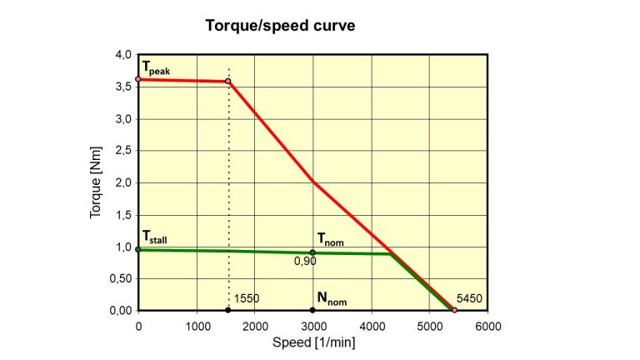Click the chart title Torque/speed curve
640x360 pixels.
pos(280,26)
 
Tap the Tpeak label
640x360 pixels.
pos(156,67)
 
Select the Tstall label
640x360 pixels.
pos(155,237)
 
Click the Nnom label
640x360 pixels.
pos(331,297)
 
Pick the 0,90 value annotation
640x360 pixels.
pos(305,262)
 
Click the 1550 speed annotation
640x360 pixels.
pos(247,297)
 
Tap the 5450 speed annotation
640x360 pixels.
pos(470,297)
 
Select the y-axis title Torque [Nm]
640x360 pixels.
pos(96,182)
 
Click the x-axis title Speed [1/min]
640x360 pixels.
pos(312,342)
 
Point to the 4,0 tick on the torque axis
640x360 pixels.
pos(123,55)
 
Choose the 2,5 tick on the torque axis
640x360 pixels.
pos(123,151)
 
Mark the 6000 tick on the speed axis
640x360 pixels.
pos(487,326)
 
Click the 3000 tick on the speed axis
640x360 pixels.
pos(312,326)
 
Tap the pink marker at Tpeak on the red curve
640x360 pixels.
pos(138,79)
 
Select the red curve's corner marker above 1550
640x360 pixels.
pos(228,82)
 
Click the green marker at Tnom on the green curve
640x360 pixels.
pos(312,252)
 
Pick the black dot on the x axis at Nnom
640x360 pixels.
pos(312,310)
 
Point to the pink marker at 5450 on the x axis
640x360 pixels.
pos(454,310)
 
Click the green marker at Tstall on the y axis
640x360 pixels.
pos(138,249)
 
